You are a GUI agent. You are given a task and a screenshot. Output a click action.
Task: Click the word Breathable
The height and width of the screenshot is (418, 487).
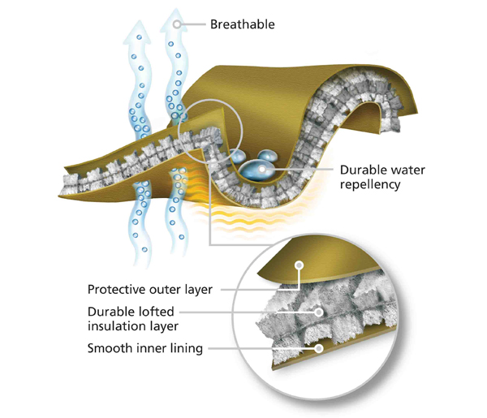click(x=242, y=24)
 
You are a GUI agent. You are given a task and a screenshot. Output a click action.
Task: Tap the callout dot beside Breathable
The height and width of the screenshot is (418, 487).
click(x=177, y=24)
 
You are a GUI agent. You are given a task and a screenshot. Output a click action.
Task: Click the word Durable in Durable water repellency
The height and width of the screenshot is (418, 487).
click(x=360, y=170)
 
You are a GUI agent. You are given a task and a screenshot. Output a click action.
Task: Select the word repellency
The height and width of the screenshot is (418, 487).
click(x=370, y=184)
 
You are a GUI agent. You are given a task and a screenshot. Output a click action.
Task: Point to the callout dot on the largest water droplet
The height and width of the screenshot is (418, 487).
click(x=262, y=170)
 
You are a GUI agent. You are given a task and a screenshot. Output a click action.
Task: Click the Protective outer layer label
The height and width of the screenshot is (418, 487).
click(x=150, y=290)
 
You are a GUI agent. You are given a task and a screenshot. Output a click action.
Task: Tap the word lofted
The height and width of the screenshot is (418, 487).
click(x=157, y=312)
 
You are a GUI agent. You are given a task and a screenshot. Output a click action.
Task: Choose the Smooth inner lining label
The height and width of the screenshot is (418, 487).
click(x=145, y=348)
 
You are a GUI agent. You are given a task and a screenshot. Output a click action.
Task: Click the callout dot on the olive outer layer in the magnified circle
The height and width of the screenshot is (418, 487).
click(x=299, y=265)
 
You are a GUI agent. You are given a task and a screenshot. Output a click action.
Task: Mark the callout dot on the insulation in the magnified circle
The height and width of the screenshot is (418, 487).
click(x=319, y=312)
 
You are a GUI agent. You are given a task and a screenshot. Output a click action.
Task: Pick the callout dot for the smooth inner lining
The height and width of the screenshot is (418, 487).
click(x=319, y=348)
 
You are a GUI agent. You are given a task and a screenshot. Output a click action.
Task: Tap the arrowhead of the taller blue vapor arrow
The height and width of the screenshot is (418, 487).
click(x=175, y=20)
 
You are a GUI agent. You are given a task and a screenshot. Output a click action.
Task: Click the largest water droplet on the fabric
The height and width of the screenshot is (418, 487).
click(x=256, y=170)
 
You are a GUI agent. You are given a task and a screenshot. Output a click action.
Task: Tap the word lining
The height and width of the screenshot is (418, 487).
click(x=187, y=348)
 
